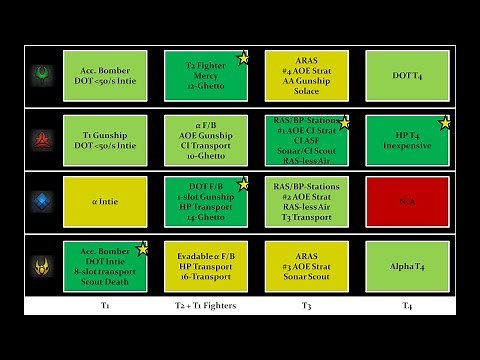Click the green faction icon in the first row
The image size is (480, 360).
coord(40,75)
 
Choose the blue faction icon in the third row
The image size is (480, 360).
coord(40,202)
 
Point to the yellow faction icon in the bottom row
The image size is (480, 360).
coord(40,267)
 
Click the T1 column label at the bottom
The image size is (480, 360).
coord(105,305)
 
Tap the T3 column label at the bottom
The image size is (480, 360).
coord(307,305)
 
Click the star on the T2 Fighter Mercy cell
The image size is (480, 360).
coord(243,58)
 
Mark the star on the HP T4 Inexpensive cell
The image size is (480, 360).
coord(446,122)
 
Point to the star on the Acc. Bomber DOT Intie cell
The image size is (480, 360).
coord(142,248)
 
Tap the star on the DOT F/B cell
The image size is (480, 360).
coord(243,184)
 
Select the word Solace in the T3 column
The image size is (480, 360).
coord(307,93)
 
